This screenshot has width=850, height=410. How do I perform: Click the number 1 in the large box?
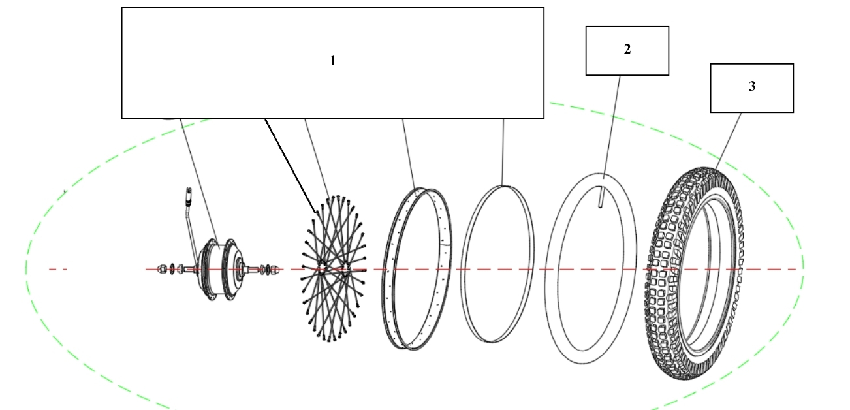tap(332, 61)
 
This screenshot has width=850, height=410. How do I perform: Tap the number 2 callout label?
tap(627, 50)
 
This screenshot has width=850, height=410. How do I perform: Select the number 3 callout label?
tap(752, 87)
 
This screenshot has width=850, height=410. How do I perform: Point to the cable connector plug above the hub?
tap(187, 196)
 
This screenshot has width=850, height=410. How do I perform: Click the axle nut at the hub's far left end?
tap(161, 268)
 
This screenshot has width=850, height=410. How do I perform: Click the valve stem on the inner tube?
tap(600, 197)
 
